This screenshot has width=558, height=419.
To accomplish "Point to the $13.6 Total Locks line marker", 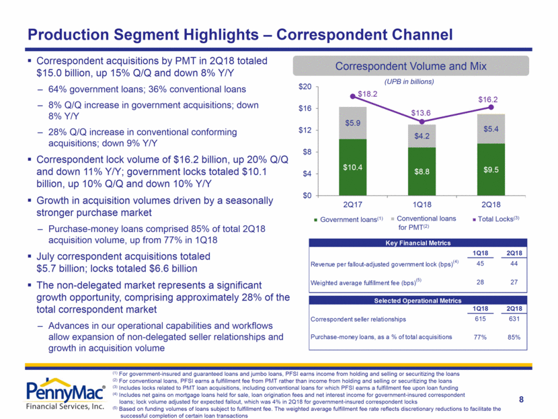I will [421, 122].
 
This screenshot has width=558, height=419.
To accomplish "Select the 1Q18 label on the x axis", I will [420, 202].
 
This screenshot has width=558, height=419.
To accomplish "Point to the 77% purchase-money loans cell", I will [480, 336].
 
